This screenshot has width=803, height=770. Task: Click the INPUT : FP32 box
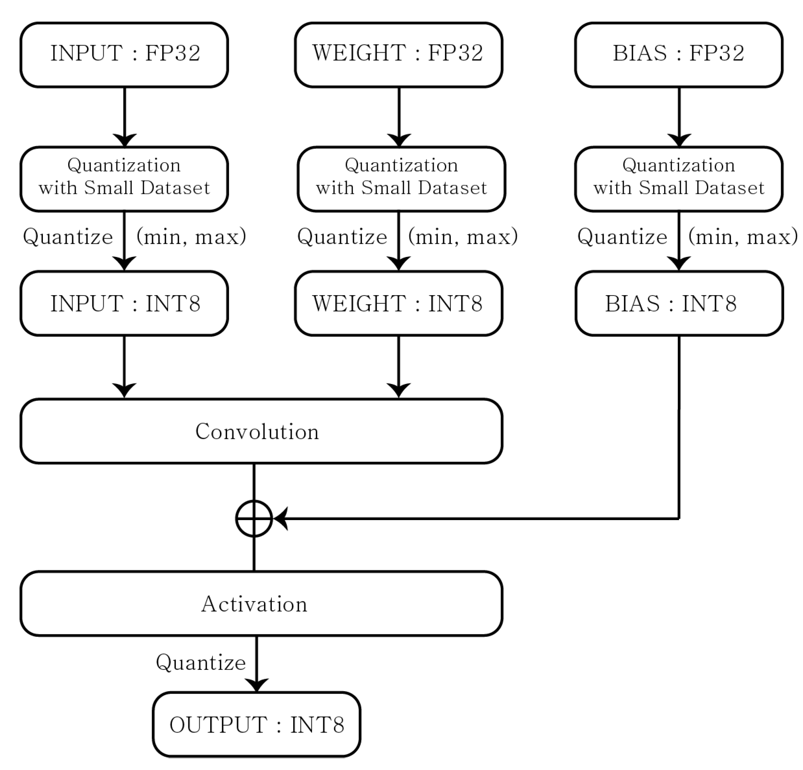(124, 55)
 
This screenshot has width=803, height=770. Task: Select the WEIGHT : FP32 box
(398, 55)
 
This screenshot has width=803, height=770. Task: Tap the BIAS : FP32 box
(679, 55)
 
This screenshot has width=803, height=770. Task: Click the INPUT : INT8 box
(124, 303)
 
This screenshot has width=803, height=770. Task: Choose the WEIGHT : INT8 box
(398, 303)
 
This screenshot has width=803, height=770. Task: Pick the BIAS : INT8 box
(679, 303)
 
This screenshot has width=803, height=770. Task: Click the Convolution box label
(257, 431)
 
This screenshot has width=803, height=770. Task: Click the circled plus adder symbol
(254, 519)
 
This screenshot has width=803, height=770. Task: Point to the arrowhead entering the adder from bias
(281, 519)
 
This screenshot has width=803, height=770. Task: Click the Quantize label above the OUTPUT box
(201, 663)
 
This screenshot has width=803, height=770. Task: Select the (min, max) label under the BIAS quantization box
(743, 237)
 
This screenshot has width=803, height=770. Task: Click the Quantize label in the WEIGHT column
(342, 237)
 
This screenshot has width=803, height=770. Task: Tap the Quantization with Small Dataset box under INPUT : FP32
(124, 179)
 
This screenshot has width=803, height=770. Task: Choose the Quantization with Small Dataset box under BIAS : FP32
(679, 179)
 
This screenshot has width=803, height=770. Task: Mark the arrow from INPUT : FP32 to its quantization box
(124, 117)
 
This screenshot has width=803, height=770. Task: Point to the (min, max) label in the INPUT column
(191, 237)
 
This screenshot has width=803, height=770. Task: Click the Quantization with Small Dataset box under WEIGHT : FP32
(401, 179)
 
